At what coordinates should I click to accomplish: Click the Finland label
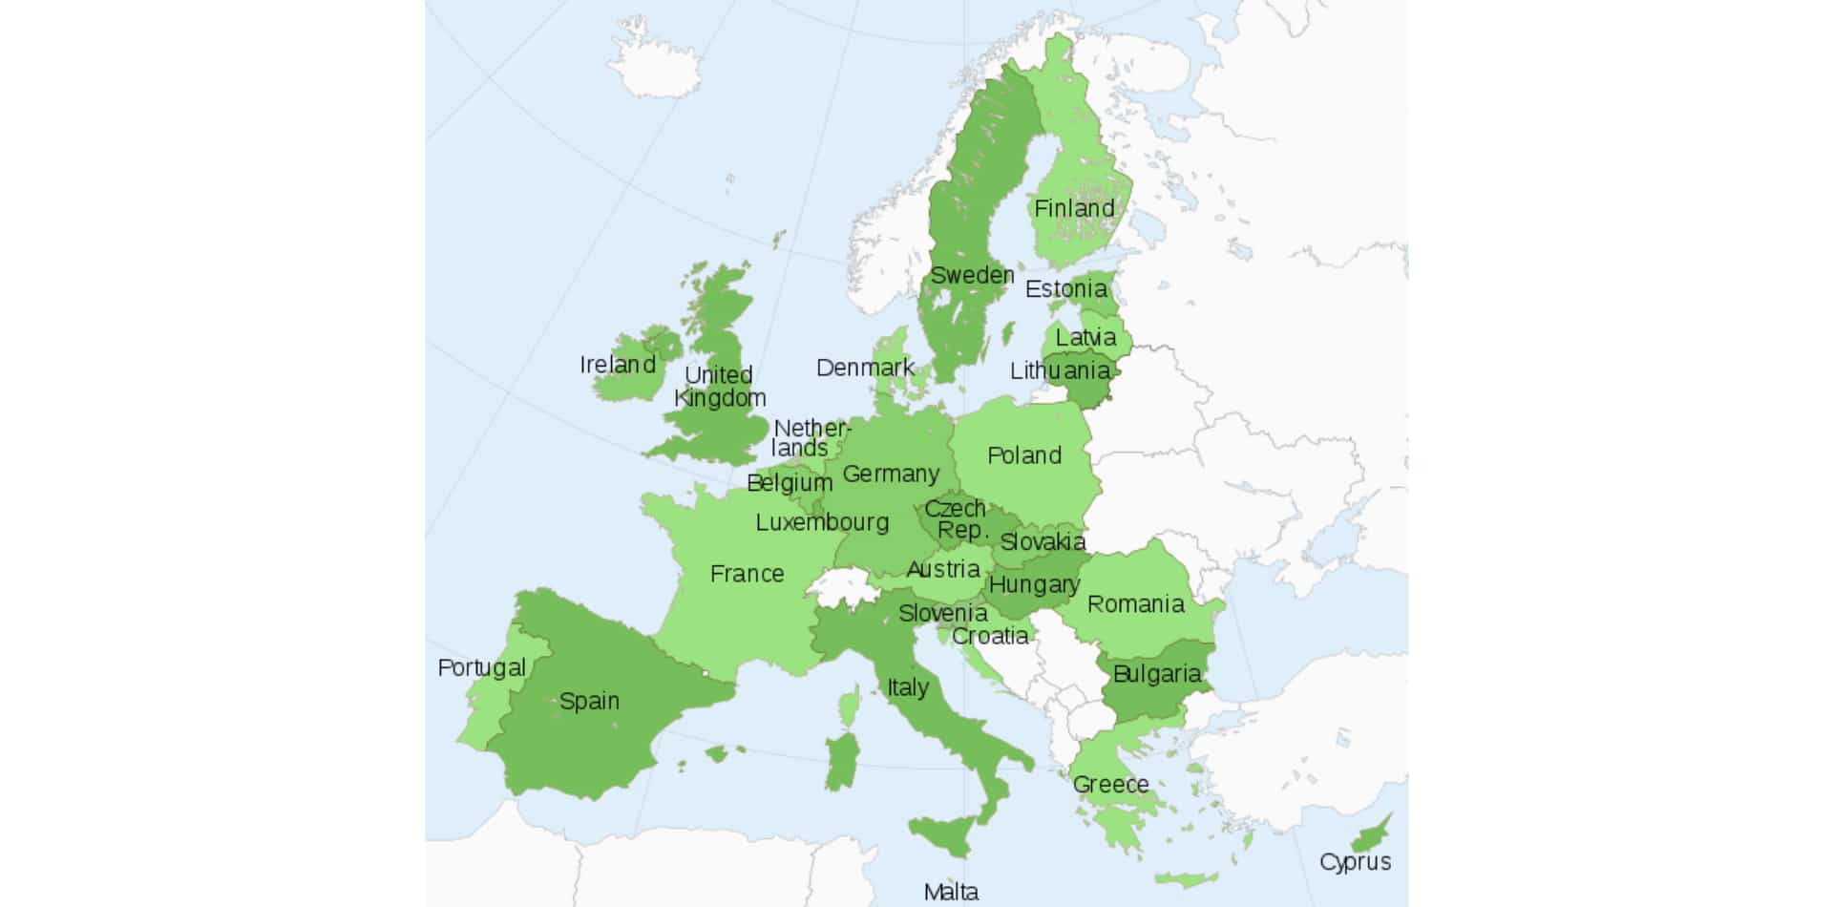coord(1074,208)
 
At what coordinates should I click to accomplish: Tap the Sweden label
coord(972,276)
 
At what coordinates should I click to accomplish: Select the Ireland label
coord(618,365)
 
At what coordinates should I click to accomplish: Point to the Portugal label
coord(481,667)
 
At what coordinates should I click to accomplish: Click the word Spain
coord(589,701)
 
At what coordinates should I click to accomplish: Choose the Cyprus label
coord(1355,862)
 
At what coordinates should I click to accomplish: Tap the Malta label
coord(951,892)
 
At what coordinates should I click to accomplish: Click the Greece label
coord(1110,785)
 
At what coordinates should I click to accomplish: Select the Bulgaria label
coord(1156,674)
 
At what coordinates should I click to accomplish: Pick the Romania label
coord(1135,604)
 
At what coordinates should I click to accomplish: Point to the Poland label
coord(1023,455)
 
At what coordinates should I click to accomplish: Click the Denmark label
coord(865,368)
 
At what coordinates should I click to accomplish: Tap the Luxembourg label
coord(822,522)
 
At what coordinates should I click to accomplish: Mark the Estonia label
coord(1065,288)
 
